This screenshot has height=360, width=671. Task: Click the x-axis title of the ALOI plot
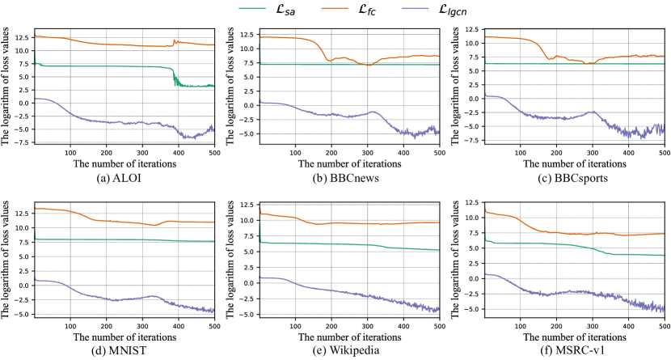(x=124, y=163)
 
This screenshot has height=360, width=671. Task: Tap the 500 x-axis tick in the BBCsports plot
(x=662, y=150)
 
